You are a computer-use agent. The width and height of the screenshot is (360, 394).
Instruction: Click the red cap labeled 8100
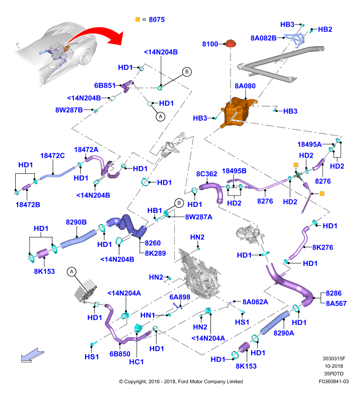point(230,43)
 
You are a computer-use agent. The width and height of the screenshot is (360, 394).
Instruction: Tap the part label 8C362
point(206,174)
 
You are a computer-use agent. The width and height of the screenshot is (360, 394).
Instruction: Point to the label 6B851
point(104,85)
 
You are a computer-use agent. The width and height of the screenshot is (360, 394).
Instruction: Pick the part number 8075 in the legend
point(157,20)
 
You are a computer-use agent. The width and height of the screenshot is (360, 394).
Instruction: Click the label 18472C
point(53,156)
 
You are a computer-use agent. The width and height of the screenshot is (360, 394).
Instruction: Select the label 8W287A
point(198,217)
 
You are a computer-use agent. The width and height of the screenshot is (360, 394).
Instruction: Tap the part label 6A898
point(180,297)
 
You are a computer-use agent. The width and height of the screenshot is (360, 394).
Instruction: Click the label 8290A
point(284,333)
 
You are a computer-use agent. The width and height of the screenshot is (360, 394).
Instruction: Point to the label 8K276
point(323,248)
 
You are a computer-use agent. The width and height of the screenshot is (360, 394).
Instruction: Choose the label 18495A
point(309,144)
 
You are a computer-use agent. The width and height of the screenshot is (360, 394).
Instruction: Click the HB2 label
point(325,30)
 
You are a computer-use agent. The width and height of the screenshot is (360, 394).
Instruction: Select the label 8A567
point(336,303)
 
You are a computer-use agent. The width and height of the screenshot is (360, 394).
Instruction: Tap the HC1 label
point(136,362)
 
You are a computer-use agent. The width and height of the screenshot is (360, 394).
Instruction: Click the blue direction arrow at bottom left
point(32,355)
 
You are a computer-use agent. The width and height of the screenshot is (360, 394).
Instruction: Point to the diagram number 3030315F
point(334,359)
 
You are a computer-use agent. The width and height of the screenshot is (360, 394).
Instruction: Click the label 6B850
point(120,354)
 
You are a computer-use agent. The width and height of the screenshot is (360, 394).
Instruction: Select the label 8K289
point(155,253)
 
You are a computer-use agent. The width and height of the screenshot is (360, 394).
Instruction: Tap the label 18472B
point(28,205)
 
